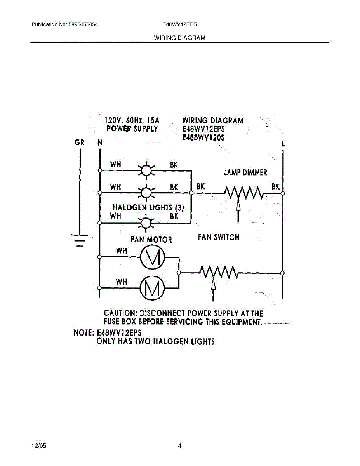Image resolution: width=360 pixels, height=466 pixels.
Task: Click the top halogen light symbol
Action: [x=146, y=170]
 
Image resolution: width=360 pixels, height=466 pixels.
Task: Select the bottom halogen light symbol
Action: [x=146, y=223]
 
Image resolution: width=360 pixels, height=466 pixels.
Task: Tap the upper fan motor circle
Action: [x=152, y=257]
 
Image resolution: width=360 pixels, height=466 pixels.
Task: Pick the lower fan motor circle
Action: [x=152, y=287]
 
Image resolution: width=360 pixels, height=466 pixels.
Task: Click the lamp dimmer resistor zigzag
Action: [x=244, y=192]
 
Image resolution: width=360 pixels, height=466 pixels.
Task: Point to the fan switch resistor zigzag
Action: [x=219, y=272]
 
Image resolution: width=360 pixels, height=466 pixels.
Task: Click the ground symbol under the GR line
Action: [x=80, y=239]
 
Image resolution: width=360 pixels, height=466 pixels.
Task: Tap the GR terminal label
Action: [x=80, y=143]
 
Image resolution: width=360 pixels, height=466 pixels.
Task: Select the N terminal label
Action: [x=100, y=143]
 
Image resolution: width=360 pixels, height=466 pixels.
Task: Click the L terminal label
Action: [x=283, y=144]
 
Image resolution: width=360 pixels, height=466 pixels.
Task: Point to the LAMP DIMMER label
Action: [x=245, y=172]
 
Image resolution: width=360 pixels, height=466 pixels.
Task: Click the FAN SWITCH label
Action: [x=218, y=237]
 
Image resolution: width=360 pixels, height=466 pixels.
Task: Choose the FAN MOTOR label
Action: [x=151, y=240]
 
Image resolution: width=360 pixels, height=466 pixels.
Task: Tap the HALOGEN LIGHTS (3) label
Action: [x=148, y=207]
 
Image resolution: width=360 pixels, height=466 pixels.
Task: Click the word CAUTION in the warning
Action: [x=120, y=313]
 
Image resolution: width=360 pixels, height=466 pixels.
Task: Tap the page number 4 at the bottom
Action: [x=179, y=446]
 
